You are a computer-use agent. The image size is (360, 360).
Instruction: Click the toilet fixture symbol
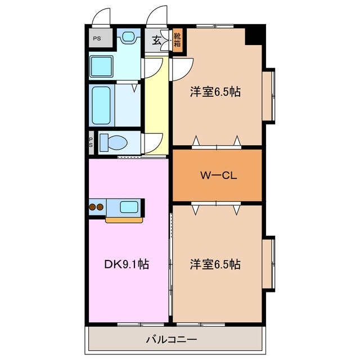pos(114,142)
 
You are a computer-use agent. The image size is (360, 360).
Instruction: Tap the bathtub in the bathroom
pos(101,105)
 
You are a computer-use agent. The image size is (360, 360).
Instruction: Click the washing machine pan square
pos(101,66)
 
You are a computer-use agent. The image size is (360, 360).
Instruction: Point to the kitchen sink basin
pos(129,207)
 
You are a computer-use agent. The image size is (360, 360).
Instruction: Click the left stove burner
pos(92,207)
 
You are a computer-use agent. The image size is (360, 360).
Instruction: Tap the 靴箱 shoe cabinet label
pos(177,40)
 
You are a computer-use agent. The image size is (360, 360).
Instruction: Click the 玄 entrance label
pos(156,40)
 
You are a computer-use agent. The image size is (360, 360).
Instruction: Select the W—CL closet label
pos(218,175)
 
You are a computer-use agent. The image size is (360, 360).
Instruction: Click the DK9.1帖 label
pos(127,264)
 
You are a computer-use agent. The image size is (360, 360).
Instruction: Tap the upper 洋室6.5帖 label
pos(215,92)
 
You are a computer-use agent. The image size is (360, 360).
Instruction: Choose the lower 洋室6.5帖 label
pos(215,264)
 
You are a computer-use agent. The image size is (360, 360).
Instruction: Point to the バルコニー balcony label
pos(171,339)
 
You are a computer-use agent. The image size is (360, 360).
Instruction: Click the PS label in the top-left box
pos(97,38)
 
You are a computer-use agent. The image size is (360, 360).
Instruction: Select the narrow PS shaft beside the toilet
pos(91,142)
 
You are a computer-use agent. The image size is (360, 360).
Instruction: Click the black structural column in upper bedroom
pos(254,36)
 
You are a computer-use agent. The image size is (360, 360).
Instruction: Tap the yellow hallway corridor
pos(156,105)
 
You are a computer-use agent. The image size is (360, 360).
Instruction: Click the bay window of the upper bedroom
pos(269,96)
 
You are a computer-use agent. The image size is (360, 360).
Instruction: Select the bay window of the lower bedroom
pos(269,264)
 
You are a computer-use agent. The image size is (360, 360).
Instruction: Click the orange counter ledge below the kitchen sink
pos(124,220)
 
